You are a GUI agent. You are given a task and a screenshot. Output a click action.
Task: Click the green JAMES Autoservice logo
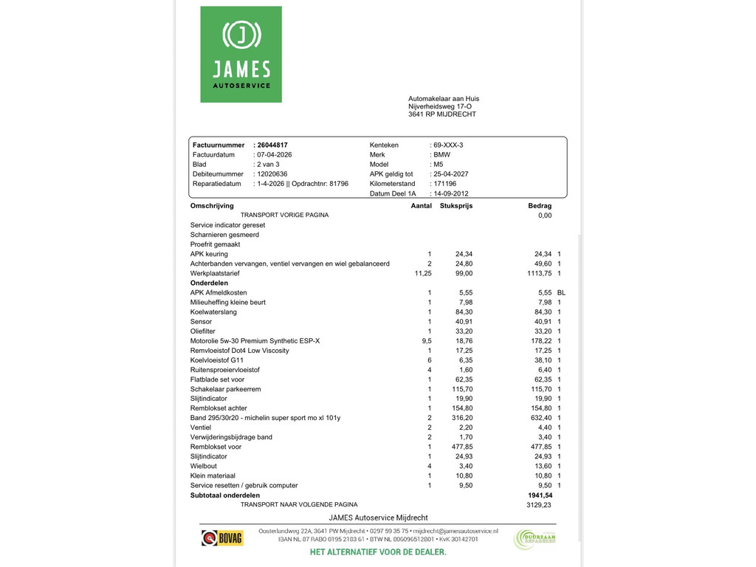(x=241, y=55)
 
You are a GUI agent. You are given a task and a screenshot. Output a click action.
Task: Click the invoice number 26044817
(x=272, y=145)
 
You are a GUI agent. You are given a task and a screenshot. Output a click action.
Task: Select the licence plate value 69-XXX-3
(x=448, y=145)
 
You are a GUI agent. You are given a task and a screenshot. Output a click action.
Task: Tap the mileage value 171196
(x=444, y=184)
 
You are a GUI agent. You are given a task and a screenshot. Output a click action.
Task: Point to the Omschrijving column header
(x=212, y=206)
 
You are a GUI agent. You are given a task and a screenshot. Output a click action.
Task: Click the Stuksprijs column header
(x=456, y=206)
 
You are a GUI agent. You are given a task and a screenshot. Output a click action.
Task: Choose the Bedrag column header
(x=540, y=206)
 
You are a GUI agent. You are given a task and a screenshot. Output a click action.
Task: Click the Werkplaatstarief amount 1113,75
(x=536, y=273)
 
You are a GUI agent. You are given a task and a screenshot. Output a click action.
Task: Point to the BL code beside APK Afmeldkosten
(x=561, y=292)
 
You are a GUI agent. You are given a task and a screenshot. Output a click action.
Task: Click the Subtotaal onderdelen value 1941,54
(x=540, y=495)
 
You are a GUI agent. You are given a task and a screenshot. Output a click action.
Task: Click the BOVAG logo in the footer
(x=222, y=537)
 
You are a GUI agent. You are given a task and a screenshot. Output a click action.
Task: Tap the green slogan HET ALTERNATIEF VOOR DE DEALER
(x=378, y=552)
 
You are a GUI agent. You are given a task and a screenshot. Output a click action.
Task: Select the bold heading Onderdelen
(x=209, y=283)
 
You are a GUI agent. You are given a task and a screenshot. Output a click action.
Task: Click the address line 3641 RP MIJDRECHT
(x=442, y=114)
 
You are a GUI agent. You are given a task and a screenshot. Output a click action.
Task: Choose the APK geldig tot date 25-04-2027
(x=451, y=174)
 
